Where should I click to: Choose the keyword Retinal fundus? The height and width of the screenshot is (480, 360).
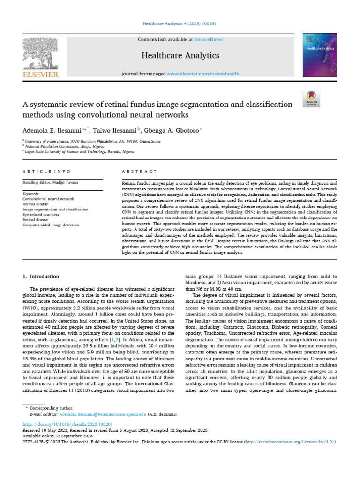36,204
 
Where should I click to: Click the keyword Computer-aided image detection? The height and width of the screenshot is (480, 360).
51,225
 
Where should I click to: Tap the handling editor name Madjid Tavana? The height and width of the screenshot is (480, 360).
67,182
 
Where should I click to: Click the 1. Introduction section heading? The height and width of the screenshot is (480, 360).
42,276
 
